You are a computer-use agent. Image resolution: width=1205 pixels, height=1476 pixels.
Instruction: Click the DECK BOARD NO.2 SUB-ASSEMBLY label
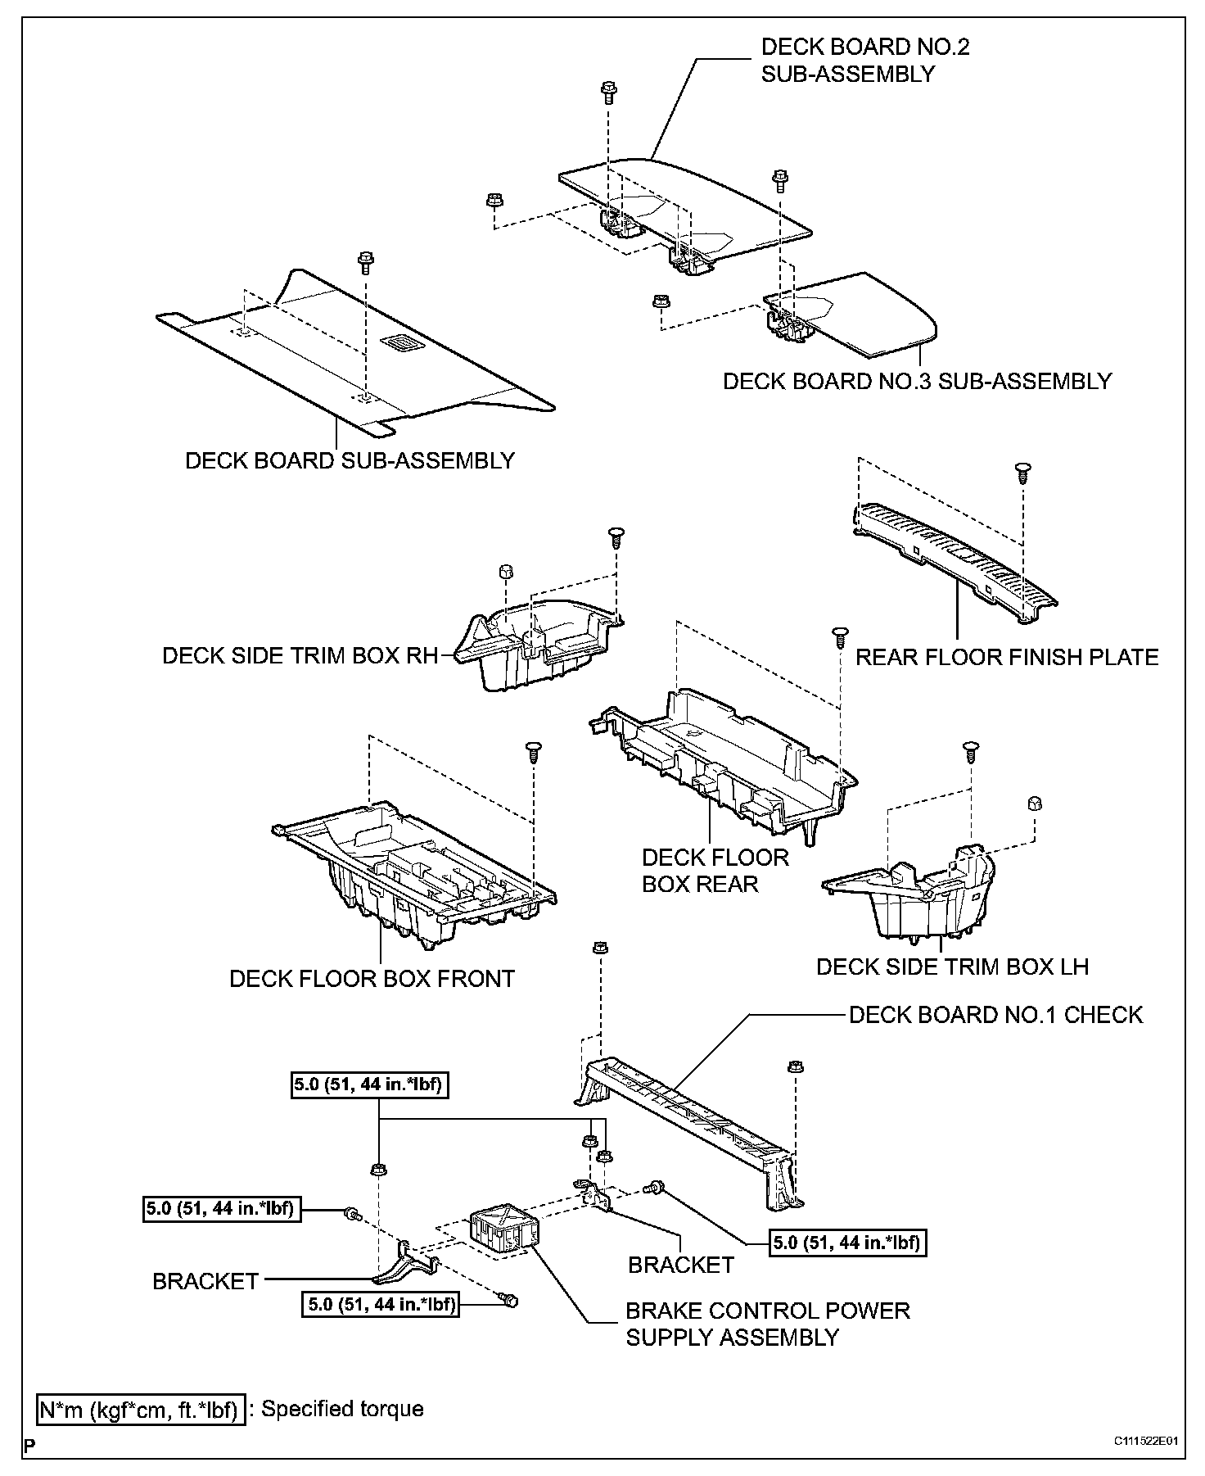pos(865,60)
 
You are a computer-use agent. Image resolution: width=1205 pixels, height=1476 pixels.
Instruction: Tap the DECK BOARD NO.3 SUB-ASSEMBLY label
pos(917,381)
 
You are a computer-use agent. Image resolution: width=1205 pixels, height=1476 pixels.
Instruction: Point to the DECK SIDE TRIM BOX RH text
pos(300,655)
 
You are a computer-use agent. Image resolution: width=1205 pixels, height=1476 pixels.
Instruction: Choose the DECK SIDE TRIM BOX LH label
pos(952,967)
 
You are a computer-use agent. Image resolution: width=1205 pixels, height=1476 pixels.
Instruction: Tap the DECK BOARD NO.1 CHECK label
pos(995,1015)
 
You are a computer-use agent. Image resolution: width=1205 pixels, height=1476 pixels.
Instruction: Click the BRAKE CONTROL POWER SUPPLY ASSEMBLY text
pos(767,1324)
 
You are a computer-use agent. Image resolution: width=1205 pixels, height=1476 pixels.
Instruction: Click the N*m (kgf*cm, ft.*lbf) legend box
pos(141,1410)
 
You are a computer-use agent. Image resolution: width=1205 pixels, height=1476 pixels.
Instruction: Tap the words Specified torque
pos(342,1409)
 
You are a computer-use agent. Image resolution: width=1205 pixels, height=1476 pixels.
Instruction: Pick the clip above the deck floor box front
pos(533,749)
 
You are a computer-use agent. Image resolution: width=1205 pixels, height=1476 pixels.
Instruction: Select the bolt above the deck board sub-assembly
pos(365,264)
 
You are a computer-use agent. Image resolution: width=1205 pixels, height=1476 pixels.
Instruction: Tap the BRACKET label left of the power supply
pos(205,1281)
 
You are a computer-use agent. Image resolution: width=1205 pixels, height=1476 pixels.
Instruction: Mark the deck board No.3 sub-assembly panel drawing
pos(860,315)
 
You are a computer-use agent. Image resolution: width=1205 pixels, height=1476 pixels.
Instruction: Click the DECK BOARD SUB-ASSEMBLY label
pos(350,460)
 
